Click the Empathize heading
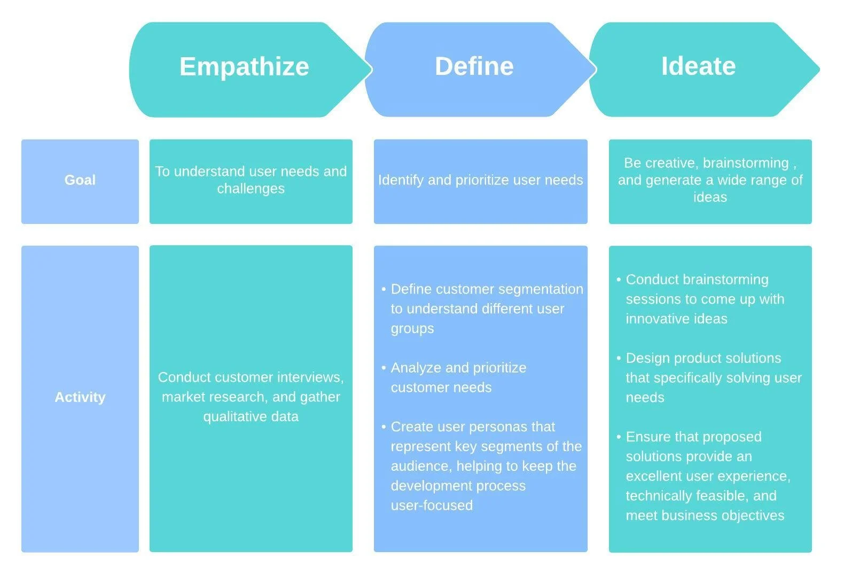[x=244, y=67]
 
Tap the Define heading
[x=474, y=66]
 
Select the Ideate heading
[x=699, y=66]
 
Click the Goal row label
[x=80, y=180]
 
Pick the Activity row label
[x=80, y=397]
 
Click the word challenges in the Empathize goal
[x=251, y=189]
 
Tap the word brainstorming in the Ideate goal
[x=746, y=163]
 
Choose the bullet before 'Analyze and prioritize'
[x=384, y=368]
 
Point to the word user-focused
[x=432, y=506]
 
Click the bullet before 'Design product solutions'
[x=619, y=358]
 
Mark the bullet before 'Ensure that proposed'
[x=619, y=437]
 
